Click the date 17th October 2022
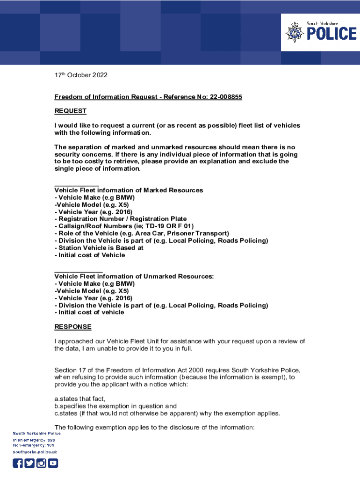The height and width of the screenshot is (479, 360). point(81,75)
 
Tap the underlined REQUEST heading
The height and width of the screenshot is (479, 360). point(71,111)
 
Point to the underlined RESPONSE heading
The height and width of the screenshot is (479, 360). point(73,327)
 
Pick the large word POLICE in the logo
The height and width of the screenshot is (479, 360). point(331,34)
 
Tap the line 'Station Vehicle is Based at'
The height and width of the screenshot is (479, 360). point(99,248)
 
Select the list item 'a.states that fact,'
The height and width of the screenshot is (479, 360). point(80,399)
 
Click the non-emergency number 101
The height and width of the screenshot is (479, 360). point(50,445)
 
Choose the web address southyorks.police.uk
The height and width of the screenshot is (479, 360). point(35,452)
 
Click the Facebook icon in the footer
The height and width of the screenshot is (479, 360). point(18,463)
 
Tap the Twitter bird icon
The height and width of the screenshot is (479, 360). point(29,463)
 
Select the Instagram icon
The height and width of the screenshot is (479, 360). point(41,463)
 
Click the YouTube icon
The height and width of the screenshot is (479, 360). point(53,463)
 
